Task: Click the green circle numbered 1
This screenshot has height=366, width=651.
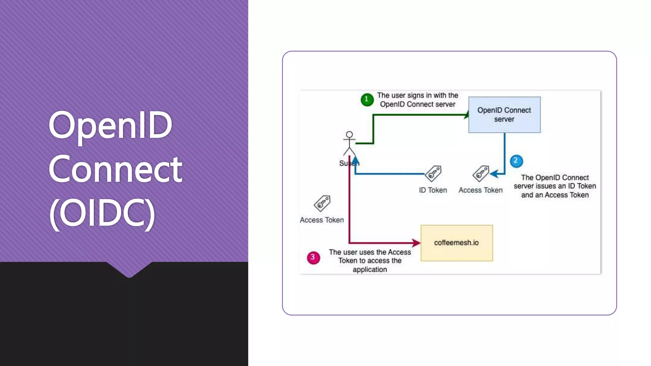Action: click(x=367, y=99)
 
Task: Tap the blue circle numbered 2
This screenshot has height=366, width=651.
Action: click(x=516, y=161)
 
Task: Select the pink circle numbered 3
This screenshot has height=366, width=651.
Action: click(x=313, y=258)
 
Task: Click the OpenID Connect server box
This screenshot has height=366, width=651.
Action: click(x=504, y=115)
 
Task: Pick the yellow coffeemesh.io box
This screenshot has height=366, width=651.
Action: click(x=456, y=243)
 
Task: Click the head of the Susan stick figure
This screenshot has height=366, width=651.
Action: click(x=349, y=135)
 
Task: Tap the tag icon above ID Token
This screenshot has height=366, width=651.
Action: click(x=433, y=173)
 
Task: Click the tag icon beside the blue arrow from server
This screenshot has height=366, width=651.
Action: click(x=481, y=173)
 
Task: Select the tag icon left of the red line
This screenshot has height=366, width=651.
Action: click(x=322, y=203)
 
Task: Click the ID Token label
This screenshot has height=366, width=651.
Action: click(x=433, y=190)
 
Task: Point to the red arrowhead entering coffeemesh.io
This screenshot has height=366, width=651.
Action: click(x=416, y=243)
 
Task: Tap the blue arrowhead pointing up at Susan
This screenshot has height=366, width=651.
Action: click(x=355, y=160)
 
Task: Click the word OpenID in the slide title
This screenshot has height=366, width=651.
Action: click(x=110, y=125)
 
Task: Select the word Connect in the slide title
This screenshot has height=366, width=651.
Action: click(x=115, y=169)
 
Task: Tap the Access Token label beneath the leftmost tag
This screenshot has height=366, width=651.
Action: click(x=322, y=220)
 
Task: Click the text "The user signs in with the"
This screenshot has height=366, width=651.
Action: click(x=417, y=95)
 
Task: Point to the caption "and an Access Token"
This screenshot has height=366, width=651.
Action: click(x=555, y=195)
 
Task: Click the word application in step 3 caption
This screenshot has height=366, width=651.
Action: click(x=370, y=270)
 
